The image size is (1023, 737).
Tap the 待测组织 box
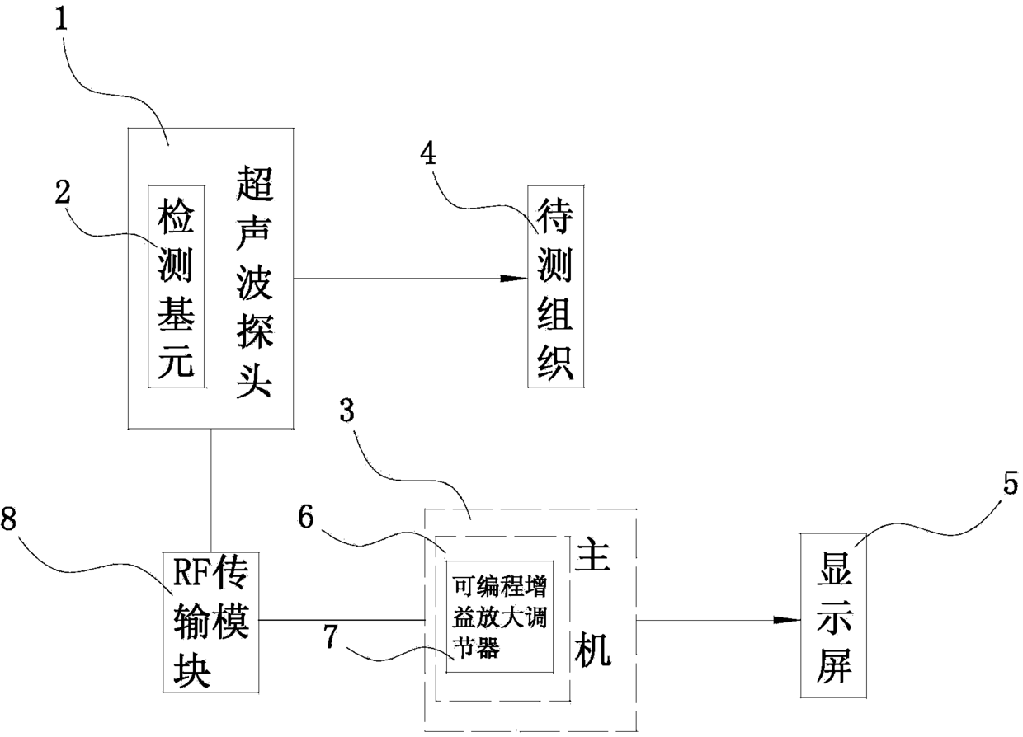point(554,285)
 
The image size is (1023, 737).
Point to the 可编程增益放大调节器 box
point(499,617)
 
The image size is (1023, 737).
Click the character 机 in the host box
point(596,650)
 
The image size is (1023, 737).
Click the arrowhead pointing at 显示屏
point(788,620)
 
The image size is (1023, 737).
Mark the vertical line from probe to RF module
point(211,490)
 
